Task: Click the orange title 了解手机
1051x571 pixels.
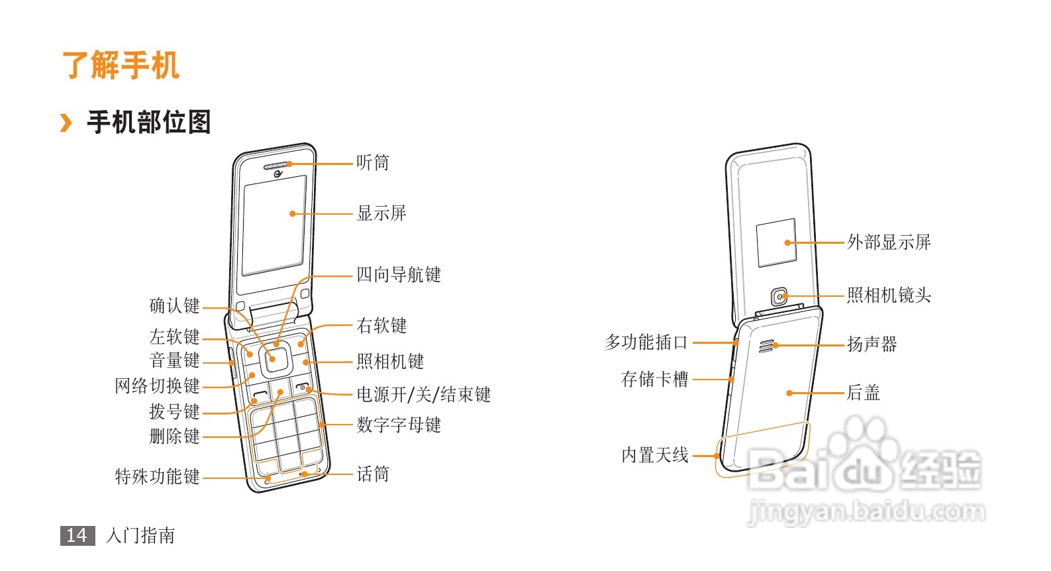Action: click(121, 66)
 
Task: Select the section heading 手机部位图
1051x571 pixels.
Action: click(149, 123)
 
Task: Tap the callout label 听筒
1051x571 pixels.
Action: click(373, 163)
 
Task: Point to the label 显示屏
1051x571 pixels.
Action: click(381, 213)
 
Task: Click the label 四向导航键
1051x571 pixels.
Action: click(399, 275)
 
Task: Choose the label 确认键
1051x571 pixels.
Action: click(174, 306)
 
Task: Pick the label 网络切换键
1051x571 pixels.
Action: click(157, 386)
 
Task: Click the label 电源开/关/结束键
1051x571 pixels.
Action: click(424, 395)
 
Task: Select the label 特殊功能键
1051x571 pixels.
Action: click(157, 477)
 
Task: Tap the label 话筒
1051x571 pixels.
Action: click(373, 474)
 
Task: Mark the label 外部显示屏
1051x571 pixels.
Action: click(889, 242)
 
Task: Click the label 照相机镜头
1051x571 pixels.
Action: click(889, 295)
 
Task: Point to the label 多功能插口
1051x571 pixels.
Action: click(646, 342)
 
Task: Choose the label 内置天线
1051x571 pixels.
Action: click(654, 456)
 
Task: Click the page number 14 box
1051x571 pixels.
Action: click(77, 535)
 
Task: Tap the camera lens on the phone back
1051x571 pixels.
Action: click(781, 297)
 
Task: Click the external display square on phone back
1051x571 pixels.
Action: click(776, 242)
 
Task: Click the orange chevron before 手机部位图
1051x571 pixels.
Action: click(66, 123)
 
